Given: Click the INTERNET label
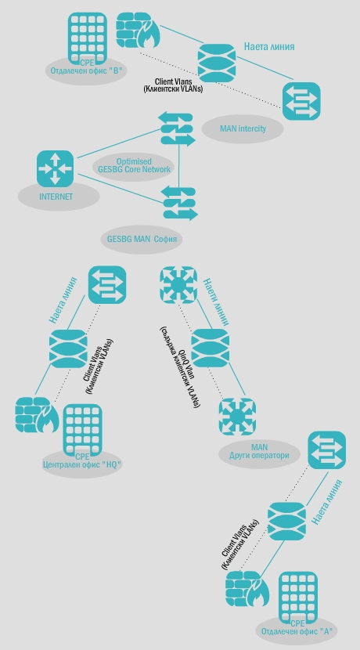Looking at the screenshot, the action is [x=56, y=197].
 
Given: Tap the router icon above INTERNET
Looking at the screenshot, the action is [x=55, y=168].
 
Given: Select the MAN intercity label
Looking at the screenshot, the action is [x=243, y=128].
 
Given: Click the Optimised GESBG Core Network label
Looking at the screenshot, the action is [x=135, y=165].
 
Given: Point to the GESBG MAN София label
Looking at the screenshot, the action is [x=142, y=239].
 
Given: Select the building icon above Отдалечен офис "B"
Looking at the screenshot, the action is [x=88, y=38].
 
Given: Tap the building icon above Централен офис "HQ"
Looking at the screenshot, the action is [x=82, y=429].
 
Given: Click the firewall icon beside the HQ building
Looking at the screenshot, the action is [x=37, y=415].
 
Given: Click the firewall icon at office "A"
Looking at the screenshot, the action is [x=247, y=589].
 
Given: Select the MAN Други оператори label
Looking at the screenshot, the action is [x=259, y=451].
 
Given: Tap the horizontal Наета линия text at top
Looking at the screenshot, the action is [x=269, y=46].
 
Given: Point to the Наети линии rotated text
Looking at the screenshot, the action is [x=216, y=302].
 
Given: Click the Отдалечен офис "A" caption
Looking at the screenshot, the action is [x=297, y=632].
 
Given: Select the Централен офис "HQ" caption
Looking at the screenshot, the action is [x=82, y=464].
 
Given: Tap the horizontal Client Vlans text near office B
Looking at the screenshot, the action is [x=173, y=81].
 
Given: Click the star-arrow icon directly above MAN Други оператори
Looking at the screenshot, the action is [x=237, y=416].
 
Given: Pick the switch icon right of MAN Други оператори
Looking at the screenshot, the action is [x=327, y=450].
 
